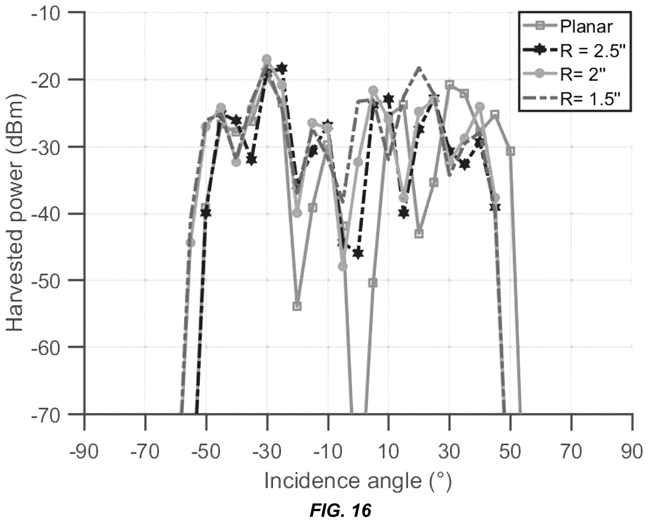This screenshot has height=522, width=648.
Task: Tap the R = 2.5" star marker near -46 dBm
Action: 358,254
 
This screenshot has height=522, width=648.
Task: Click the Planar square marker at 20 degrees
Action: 419,234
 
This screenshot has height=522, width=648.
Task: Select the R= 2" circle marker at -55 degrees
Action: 191,242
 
